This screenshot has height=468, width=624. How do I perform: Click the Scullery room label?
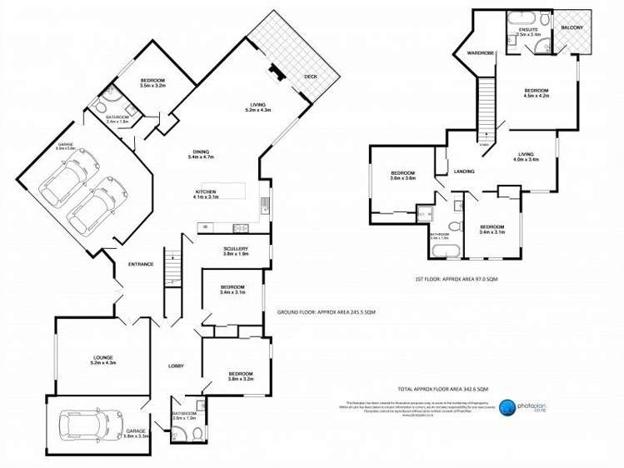pyautogui.click(x=236, y=251)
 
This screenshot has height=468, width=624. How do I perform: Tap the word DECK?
pyautogui.click(x=310, y=77)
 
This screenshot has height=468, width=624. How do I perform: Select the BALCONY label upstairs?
pyautogui.click(x=572, y=27)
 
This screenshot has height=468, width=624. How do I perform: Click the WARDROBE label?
pyautogui.click(x=481, y=53)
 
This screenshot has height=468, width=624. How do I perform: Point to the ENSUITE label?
pyautogui.click(x=528, y=32)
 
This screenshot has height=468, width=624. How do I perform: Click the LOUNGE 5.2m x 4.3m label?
pyautogui.click(x=103, y=361)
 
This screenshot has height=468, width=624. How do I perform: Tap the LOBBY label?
pyautogui.click(x=176, y=366)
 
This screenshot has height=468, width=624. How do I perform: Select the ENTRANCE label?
pyautogui.click(x=141, y=264)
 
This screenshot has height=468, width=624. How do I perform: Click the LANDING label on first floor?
pyautogui.click(x=464, y=172)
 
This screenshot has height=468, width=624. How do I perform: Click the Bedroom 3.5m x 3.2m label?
pyautogui.click(x=154, y=83)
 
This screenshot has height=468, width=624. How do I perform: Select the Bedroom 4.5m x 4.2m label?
pyautogui.click(x=536, y=92)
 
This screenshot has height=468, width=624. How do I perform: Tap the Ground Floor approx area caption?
pyautogui.click(x=326, y=311)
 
